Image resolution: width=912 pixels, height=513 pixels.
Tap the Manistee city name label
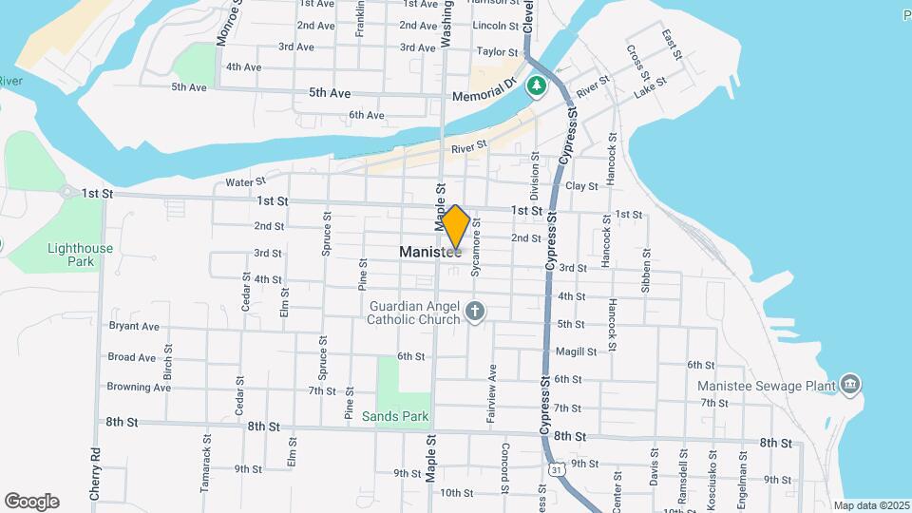(430, 253)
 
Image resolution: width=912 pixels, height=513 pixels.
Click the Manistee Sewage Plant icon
(850, 385)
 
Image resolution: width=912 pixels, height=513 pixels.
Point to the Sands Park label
(395, 416)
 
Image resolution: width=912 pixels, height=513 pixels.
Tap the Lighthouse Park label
(80, 255)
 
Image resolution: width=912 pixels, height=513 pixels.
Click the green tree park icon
(537, 86)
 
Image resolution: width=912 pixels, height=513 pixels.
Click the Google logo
(30, 502)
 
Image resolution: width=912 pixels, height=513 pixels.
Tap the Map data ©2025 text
(870, 505)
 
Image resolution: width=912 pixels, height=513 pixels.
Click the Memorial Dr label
(484, 96)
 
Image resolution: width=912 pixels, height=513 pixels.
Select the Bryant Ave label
(134, 326)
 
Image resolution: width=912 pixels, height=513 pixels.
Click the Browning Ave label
(139, 387)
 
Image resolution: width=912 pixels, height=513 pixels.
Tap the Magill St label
(577, 351)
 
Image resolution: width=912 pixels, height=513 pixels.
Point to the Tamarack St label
(205, 464)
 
